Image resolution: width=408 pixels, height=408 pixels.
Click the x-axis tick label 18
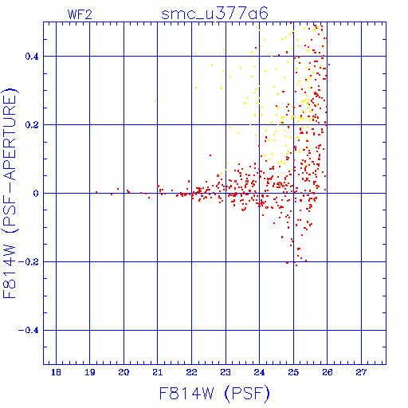pyautogui.click(x=56, y=372)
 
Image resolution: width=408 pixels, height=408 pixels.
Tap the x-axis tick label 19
pyautogui.click(x=90, y=372)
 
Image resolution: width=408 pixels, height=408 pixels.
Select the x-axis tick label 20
pyautogui.click(x=124, y=372)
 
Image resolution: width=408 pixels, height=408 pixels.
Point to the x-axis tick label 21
pyautogui.click(x=158, y=372)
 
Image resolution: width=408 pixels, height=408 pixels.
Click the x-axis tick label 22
pyautogui.click(x=191, y=372)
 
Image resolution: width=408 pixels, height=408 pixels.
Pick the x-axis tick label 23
pyautogui.click(x=226, y=372)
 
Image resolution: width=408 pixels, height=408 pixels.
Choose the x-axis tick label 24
pyautogui.click(x=259, y=372)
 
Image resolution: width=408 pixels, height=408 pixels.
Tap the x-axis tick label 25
pyautogui.click(x=293, y=372)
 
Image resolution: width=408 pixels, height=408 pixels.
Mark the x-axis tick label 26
pyautogui.click(x=328, y=372)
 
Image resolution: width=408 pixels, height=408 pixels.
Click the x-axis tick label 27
pyautogui.click(x=361, y=372)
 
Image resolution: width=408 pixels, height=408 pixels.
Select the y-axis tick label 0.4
pyautogui.click(x=32, y=57)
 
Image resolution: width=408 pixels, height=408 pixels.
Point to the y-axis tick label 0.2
pyautogui.click(x=32, y=125)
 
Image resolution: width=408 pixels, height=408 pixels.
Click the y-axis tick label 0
pyautogui.click(x=36, y=194)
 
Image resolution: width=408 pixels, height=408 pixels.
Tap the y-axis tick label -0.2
pyautogui.click(x=29, y=262)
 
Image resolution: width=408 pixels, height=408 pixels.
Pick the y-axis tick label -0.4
pyautogui.click(x=29, y=331)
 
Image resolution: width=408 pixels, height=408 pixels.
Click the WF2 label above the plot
pyautogui.click(x=80, y=14)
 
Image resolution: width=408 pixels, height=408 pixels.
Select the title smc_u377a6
pyautogui.click(x=214, y=14)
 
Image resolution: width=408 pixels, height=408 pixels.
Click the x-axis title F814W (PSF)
pyautogui.click(x=214, y=393)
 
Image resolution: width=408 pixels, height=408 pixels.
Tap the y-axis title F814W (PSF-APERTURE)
pyautogui.click(x=10, y=194)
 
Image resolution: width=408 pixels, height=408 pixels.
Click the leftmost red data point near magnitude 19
pyautogui.click(x=96, y=192)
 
